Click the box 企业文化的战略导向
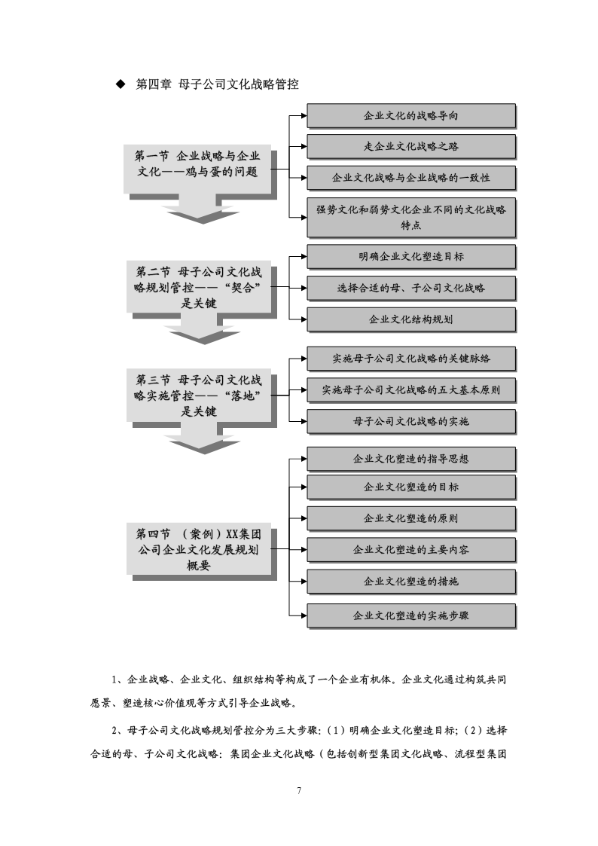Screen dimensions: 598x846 (411, 115)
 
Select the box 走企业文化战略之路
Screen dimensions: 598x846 (411, 146)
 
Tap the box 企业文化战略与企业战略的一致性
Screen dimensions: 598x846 (411, 178)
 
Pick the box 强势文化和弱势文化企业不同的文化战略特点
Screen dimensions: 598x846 (411, 217)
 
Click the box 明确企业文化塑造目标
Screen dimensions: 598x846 (411, 257)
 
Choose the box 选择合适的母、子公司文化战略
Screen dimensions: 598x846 (411, 288)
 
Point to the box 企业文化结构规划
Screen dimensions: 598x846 (411, 319)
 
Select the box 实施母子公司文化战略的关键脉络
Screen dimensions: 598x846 (411, 359)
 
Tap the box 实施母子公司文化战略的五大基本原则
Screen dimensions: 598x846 (411, 390)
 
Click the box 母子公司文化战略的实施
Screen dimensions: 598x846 (411, 421)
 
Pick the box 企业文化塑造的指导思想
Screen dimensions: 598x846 (411, 459)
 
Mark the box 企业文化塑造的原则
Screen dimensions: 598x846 (411, 518)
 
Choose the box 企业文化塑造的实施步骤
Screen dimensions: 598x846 (411, 615)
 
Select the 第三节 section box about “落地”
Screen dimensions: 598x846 (199, 396)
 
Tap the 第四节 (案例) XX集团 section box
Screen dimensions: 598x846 (199, 550)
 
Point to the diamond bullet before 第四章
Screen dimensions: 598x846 (121, 84)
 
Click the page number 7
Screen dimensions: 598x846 (299, 791)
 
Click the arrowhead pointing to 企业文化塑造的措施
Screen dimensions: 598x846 (304, 582)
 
